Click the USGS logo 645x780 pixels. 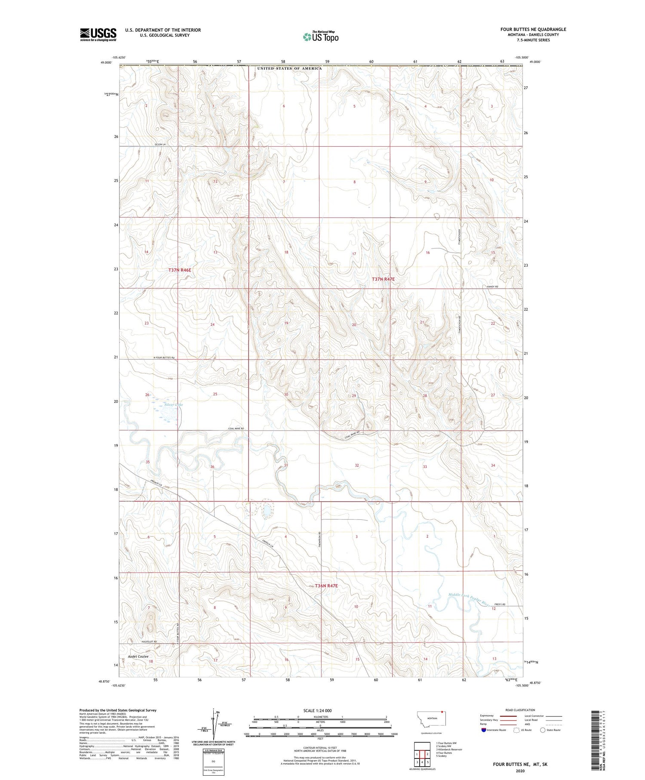pos(98,34)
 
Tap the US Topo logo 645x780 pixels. pos(320,37)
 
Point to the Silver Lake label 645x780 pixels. pos(174,405)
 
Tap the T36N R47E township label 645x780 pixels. pos(326,586)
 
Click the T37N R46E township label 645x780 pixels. pos(180,270)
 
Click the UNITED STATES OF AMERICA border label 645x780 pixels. pos(289,68)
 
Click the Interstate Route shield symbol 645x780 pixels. pos(484,730)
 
